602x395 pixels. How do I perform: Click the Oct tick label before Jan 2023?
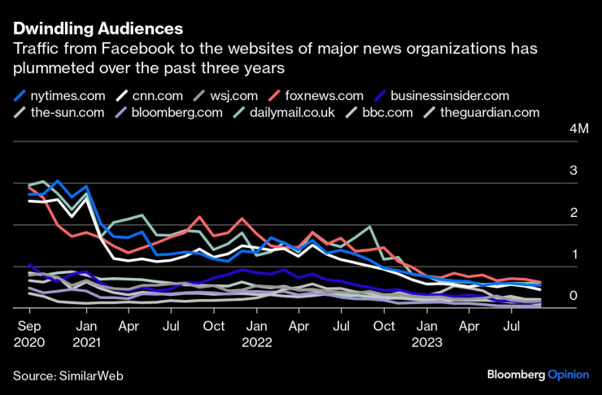pos(381,327)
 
